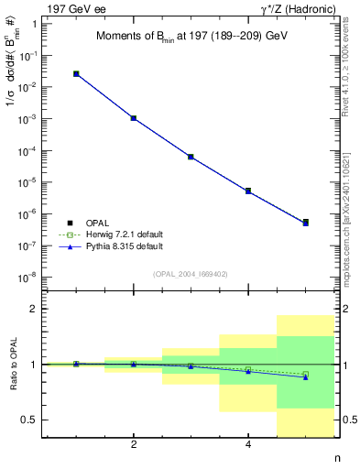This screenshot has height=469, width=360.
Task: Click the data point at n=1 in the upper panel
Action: pyautogui.click(x=76, y=73)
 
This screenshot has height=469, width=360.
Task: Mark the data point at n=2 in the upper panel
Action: pyautogui.click(x=134, y=118)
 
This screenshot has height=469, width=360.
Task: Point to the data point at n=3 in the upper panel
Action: pyautogui.click(x=191, y=157)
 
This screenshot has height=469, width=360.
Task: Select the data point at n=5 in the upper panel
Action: pyautogui.click(x=305, y=222)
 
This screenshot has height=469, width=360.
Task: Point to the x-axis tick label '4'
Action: pyautogui.click(x=248, y=445)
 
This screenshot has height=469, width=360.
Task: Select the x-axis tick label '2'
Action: pyautogui.click(x=134, y=445)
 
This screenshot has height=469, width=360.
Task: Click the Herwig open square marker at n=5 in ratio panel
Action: pyautogui.click(x=305, y=374)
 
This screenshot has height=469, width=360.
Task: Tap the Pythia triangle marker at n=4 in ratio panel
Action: pyautogui.click(x=248, y=371)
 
